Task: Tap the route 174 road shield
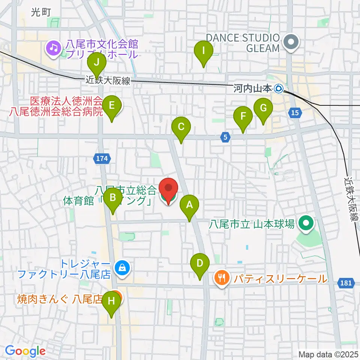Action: coord(102,159)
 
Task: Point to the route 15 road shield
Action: coord(295,112)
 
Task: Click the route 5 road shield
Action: coord(225,138)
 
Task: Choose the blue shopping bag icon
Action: coord(122,268)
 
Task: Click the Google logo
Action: coord(25,351)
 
